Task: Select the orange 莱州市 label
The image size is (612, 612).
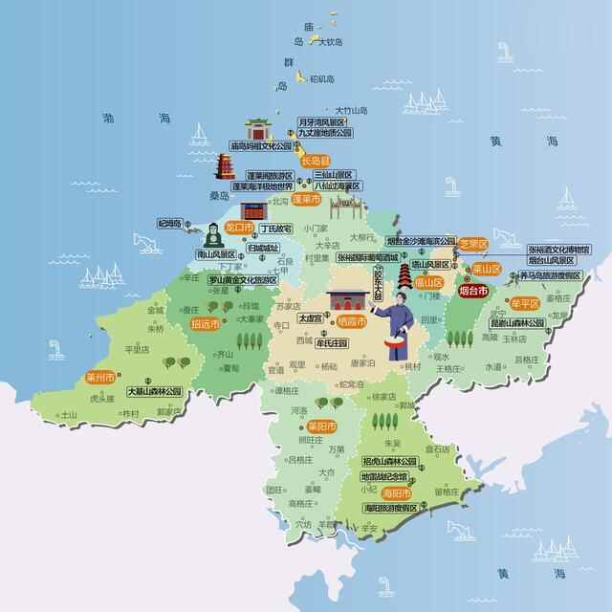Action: tap(99, 377)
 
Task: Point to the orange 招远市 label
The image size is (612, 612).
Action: tap(205, 324)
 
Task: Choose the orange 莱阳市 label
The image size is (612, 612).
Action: tap(320, 426)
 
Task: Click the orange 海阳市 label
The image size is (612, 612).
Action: tap(395, 493)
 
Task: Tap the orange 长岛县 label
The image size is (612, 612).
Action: tap(315, 162)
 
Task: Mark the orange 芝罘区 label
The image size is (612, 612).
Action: tap(473, 244)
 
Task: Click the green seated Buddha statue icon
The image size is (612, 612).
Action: tap(213, 234)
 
